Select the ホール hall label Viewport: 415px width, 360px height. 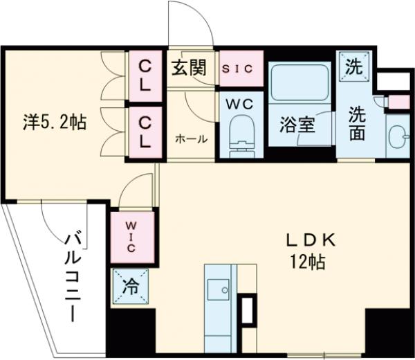coord(190,139)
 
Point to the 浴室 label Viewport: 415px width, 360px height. coord(297,125)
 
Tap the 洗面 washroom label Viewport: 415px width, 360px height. coord(357,124)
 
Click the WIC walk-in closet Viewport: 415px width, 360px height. coord(133,236)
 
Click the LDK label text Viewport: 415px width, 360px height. coord(311,240)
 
